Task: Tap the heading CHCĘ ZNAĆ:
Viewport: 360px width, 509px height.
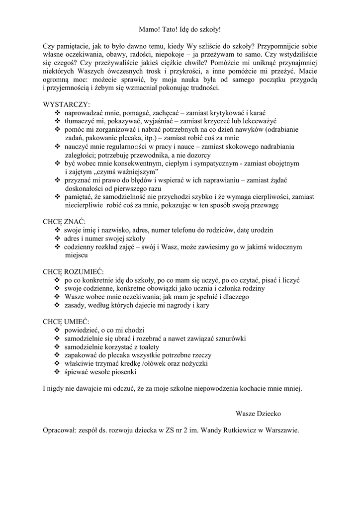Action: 64,221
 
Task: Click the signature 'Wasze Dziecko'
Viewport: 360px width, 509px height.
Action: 258,413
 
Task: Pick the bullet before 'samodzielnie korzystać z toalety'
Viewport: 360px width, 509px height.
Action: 57,347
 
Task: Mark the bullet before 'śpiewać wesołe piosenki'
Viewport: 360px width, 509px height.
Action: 57,372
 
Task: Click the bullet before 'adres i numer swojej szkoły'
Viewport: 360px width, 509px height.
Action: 57,238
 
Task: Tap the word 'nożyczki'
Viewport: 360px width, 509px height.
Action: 194,364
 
